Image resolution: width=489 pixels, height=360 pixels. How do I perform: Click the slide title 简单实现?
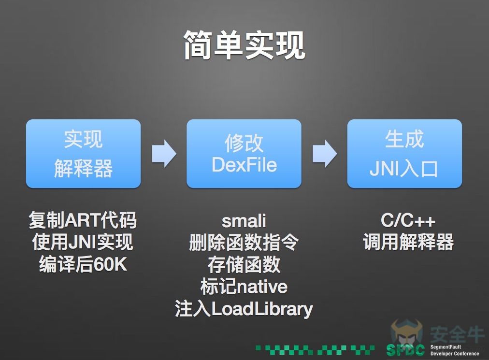click(x=244, y=45)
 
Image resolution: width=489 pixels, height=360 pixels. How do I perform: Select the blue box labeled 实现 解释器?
click(x=83, y=154)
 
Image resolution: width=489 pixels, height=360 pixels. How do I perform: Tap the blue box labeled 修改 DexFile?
click(x=244, y=154)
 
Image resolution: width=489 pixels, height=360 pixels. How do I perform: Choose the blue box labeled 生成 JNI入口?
click(x=404, y=154)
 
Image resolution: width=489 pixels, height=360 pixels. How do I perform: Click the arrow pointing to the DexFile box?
click(x=164, y=154)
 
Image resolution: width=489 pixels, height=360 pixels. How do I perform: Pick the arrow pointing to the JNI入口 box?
click(x=325, y=154)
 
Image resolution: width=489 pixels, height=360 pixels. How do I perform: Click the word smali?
click(x=244, y=221)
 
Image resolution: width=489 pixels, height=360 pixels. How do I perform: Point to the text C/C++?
click(x=408, y=220)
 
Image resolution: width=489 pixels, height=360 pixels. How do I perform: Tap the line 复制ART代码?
click(x=83, y=220)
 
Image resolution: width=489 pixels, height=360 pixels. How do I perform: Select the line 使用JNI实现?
click(x=83, y=242)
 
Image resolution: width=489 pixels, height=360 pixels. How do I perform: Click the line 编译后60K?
click(x=83, y=264)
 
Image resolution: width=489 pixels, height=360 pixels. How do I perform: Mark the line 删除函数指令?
click(x=244, y=243)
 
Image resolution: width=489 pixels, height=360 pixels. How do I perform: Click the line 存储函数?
click(x=244, y=264)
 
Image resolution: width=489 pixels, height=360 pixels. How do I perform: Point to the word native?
click(x=262, y=287)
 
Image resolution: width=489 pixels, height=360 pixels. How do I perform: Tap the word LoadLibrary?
click(x=262, y=309)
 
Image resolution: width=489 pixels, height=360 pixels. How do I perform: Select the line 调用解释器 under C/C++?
click(x=408, y=242)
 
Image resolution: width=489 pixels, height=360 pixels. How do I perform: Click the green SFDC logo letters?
click(x=405, y=350)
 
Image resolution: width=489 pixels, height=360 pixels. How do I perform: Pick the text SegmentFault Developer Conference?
click(x=455, y=350)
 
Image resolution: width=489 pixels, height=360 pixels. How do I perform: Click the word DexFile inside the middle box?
click(x=244, y=165)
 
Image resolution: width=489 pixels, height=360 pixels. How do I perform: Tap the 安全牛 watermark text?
click(x=457, y=334)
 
